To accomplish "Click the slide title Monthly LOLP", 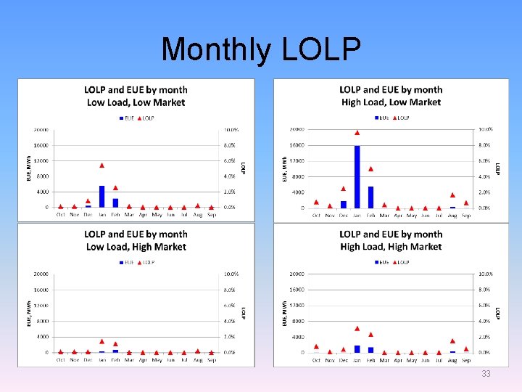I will [261, 49].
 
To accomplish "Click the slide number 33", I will [486, 374].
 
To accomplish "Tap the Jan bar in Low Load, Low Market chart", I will [102, 196].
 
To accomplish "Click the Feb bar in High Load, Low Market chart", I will [370, 197].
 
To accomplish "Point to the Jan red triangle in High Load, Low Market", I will [357, 133].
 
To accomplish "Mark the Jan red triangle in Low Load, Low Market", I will [102, 166].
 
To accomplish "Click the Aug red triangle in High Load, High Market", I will [452, 340].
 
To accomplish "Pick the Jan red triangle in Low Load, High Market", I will [102, 341].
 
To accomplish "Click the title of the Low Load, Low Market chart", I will [136, 96].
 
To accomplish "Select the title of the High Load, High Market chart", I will [391, 240].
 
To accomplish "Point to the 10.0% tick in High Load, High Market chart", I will [485, 274].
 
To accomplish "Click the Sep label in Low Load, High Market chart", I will [211, 360].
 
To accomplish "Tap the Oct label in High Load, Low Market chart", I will [316, 216].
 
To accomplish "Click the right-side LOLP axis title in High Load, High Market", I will [498, 313].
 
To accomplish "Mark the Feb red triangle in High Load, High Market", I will [370, 335].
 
